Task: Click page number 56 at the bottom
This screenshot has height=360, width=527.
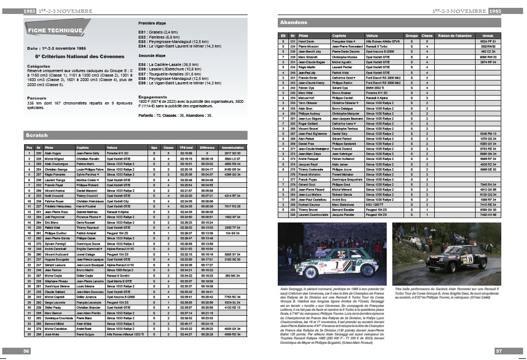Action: click(x=26, y=351)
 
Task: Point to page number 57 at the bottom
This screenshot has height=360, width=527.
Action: click(x=500, y=351)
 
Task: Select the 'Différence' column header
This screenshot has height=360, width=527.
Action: click(x=208, y=147)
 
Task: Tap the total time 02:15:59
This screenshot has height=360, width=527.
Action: click(x=187, y=153)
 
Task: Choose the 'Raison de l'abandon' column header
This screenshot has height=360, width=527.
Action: click(x=452, y=35)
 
